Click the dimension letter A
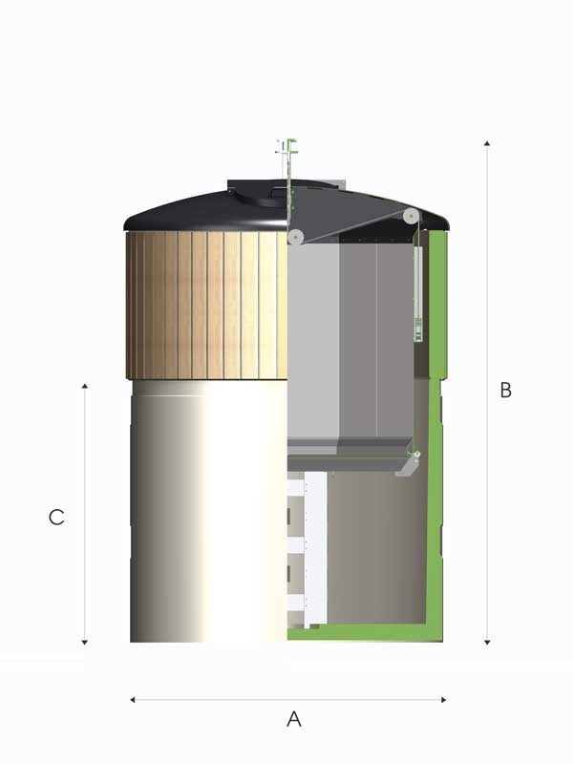(x=294, y=719)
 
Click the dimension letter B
(x=506, y=390)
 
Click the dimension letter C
(x=56, y=517)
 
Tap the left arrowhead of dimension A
(x=133, y=700)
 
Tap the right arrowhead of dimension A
(x=443, y=700)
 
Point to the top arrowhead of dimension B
(x=487, y=143)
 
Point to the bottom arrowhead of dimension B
(x=487, y=642)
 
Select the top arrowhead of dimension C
(x=85, y=387)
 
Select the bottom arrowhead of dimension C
(x=85, y=642)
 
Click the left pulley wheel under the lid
(x=295, y=237)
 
